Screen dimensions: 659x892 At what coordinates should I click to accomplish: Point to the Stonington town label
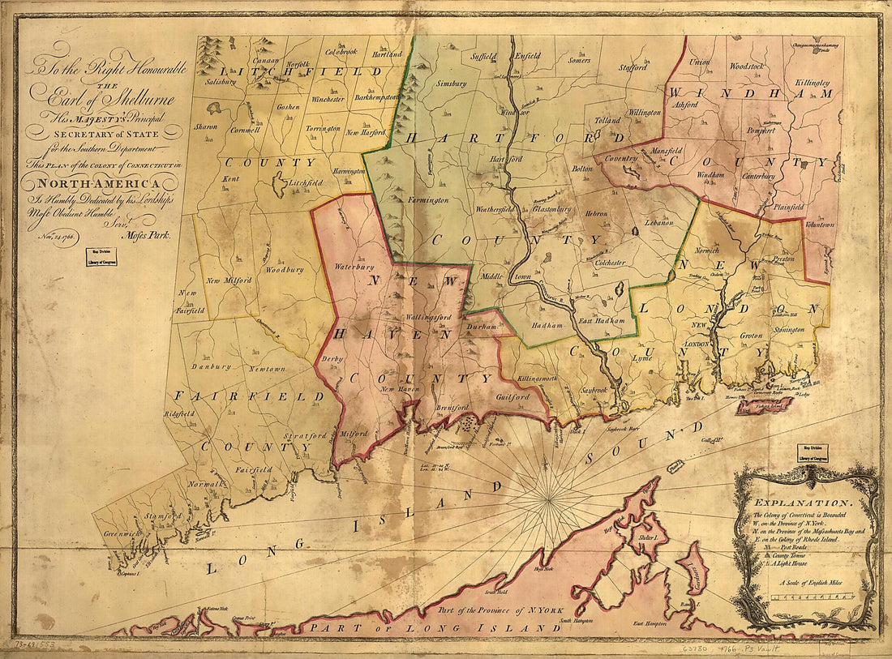tap(783, 330)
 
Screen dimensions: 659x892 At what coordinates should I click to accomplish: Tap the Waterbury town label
tap(352, 266)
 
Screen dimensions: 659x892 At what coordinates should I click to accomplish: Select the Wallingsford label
tap(427, 318)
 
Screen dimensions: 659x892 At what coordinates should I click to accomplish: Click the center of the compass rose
tap(550, 490)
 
